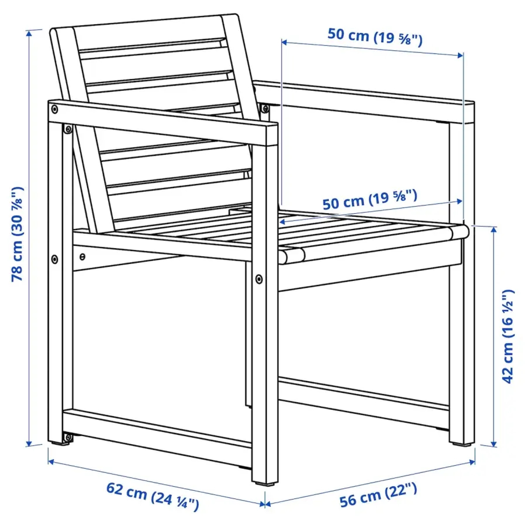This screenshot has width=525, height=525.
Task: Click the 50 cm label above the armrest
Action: tap(375, 37)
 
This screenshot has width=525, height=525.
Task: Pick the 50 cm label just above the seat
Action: tap(370, 200)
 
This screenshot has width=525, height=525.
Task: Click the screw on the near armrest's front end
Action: tap(55, 109)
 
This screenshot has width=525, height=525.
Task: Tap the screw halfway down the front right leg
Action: tap(258, 279)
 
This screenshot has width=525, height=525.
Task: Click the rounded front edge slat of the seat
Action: tap(373, 243)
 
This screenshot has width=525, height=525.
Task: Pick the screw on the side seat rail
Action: tap(82, 256)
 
